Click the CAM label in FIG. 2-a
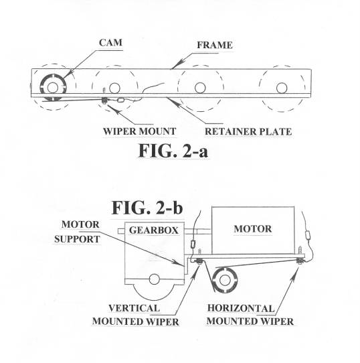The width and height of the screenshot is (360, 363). click(110, 43)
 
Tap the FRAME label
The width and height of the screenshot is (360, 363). click(215, 45)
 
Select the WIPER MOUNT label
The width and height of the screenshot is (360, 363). click(139, 131)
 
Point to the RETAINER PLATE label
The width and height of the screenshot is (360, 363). click(248, 131)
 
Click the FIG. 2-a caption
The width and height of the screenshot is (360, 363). click(173, 151)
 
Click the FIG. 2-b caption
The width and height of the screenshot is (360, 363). click(147, 208)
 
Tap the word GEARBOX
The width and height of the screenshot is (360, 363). click(154, 230)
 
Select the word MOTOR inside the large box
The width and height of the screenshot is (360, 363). click(253, 229)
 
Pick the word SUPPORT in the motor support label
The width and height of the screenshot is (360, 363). click(77, 239)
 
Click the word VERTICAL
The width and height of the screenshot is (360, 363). click(134, 308)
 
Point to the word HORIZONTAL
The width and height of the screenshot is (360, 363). click(241, 308)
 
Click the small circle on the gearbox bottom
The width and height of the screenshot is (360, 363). click(155, 279)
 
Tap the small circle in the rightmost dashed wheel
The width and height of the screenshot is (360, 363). click(282, 88)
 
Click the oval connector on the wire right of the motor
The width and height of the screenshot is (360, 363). click(308, 235)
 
